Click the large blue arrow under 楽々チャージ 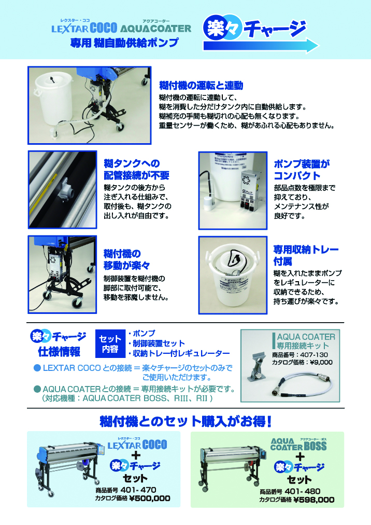[261, 46]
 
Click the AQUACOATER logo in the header [155, 28]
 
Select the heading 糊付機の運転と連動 [201, 86]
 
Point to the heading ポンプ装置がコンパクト [302, 170]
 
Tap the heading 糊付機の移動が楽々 [126, 259]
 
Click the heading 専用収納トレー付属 [306, 255]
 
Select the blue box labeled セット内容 [110, 343]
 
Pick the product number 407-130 [314, 354]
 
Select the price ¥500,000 [150, 499]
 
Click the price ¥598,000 [313, 500]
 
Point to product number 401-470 [138, 490]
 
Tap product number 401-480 [303, 491]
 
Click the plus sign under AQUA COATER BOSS [300, 457]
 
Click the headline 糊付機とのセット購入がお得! [186, 422]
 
